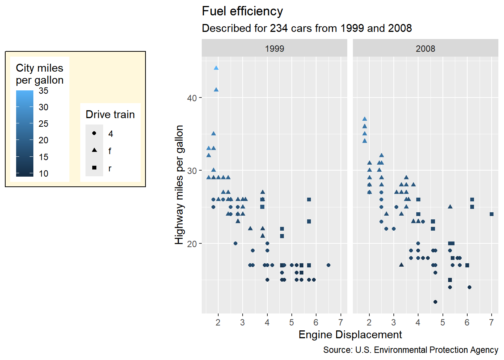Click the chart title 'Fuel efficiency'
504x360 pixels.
(x=242, y=11)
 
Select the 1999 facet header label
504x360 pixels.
(x=274, y=49)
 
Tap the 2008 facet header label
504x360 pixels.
(x=425, y=49)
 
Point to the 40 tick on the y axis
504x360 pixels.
(x=192, y=98)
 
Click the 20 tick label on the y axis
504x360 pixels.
(x=192, y=244)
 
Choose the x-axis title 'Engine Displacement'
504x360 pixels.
(x=350, y=334)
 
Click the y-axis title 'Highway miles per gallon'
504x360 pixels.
(x=179, y=184)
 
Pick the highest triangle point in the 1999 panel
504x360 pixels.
(x=216, y=68)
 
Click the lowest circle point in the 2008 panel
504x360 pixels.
(x=435, y=302)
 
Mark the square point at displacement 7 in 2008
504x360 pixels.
(x=492, y=214)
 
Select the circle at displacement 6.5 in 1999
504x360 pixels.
(x=328, y=265)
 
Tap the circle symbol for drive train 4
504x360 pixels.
(x=94, y=133)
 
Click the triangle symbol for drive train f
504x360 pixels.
(x=94, y=150)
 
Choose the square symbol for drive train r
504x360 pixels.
(x=94, y=168)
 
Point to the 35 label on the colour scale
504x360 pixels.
(x=43, y=91)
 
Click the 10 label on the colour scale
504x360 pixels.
(x=43, y=174)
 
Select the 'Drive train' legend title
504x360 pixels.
(x=110, y=114)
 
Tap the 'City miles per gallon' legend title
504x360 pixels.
(x=39, y=74)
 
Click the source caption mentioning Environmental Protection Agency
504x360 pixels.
(x=411, y=350)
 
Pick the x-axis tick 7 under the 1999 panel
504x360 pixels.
(x=340, y=322)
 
